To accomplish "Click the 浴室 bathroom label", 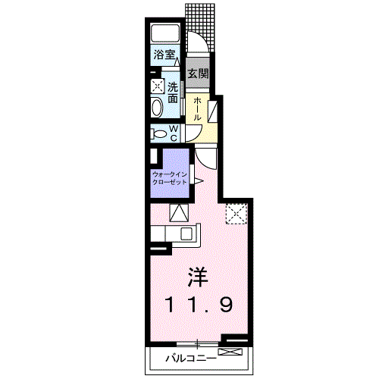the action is pyautogui.click(x=164, y=55).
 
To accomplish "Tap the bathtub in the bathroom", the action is pyautogui.click(x=165, y=33).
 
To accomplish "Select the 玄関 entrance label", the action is pyautogui.click(x=198, y=74).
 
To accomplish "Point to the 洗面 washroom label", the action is pyautogui.click(x=173, y=92).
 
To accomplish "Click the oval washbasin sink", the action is pyautogui.click(x=157, y=108).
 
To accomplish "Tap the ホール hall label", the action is pyautogui.click(x=197, y=109).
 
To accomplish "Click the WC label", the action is pyautogui.click(x=174, y=133).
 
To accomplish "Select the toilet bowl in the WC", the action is pyautogui.click(x=158, y=133).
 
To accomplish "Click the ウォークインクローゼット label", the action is pyautogui.click(x=170, y=178).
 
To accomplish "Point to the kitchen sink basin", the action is pyautogui.click(x=186, y=233).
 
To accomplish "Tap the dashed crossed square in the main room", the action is pyautogui.click(x=236, y=214).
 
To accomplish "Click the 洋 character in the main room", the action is pyautogui.click(x=198, y=277).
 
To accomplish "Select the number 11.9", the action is pyautogui.click(x=198, y=305).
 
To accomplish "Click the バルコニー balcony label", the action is pyautogui.click(x=191, y=359).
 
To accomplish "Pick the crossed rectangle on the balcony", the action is pyautogui.click(x=230, y=352).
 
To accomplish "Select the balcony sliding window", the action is pyautogui.click(x=197, y=343).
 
